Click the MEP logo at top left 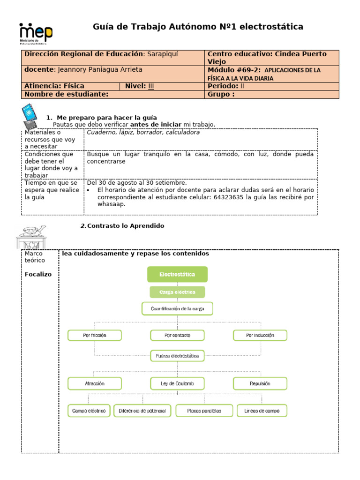[x=36, y=34]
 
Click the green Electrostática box [x=177, y=274]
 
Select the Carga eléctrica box [x=177, y=292]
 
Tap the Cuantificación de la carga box [x=177, y=308]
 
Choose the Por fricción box [x=95, y=335]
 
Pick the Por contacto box [x=177, y=335]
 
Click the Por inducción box [x=260, y=335]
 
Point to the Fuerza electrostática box [x=177, y=356]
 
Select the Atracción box [x=95, y=383]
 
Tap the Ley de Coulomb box [x=177, y=383]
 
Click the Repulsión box [x=260, y=383]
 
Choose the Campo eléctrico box [x=89, y=411]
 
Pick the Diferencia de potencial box [x=142, y=411]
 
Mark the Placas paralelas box [x=204, y=411]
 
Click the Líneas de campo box [x=262, y=411]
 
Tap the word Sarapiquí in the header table [x=164, y=54]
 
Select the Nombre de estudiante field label [x=66, y=94]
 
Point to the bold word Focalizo [x=38, y=274]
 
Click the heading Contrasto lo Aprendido [x=126, y=226]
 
